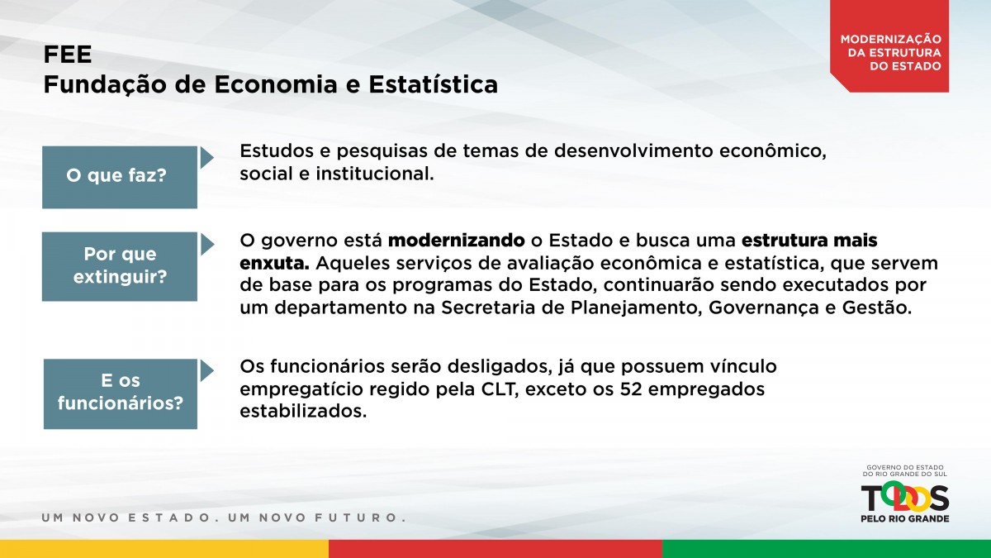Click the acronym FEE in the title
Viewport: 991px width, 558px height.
pos(67,55)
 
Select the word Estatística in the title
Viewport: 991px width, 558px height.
pos(433,84)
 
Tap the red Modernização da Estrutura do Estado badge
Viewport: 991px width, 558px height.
pos(889,46)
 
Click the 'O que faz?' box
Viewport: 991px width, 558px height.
pos(120,177)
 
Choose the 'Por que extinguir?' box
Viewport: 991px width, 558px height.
pos(120,266)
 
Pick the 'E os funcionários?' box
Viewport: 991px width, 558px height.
pos(121,393)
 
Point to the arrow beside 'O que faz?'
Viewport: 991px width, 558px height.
pos(206,158)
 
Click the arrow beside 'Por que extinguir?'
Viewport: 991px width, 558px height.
pos(207,245)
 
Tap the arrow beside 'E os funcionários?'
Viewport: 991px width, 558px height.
pos(206,370)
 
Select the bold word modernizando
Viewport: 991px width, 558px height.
pos(457,241)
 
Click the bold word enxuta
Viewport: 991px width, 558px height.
pos(274,264)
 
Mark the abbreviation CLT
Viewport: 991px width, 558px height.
pos(498,389)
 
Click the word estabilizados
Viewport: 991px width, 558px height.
pos(304,412)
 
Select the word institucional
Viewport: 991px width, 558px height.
pos(375,174)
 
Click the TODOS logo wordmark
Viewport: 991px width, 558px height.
pos(905,498)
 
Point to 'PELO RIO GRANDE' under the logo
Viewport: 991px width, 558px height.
pos(905,518)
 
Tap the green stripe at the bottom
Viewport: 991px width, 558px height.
pos(827,549)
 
